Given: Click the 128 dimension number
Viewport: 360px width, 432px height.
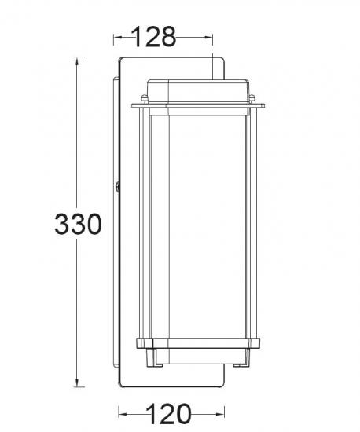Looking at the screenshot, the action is tap(153, 37).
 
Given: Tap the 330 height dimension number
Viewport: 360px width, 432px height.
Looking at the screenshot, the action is tap(79, 224).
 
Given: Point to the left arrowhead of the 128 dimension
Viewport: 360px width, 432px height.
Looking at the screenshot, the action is tap(118, 37).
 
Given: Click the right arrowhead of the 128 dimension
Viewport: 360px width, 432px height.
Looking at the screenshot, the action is tap(208, 37).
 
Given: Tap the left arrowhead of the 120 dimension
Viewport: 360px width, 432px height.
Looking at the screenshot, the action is tap(123, 414).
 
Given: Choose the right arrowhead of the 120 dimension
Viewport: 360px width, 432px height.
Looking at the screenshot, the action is tap(220, 414).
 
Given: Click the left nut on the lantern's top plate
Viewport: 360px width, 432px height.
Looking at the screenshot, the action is tap(144, 100).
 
